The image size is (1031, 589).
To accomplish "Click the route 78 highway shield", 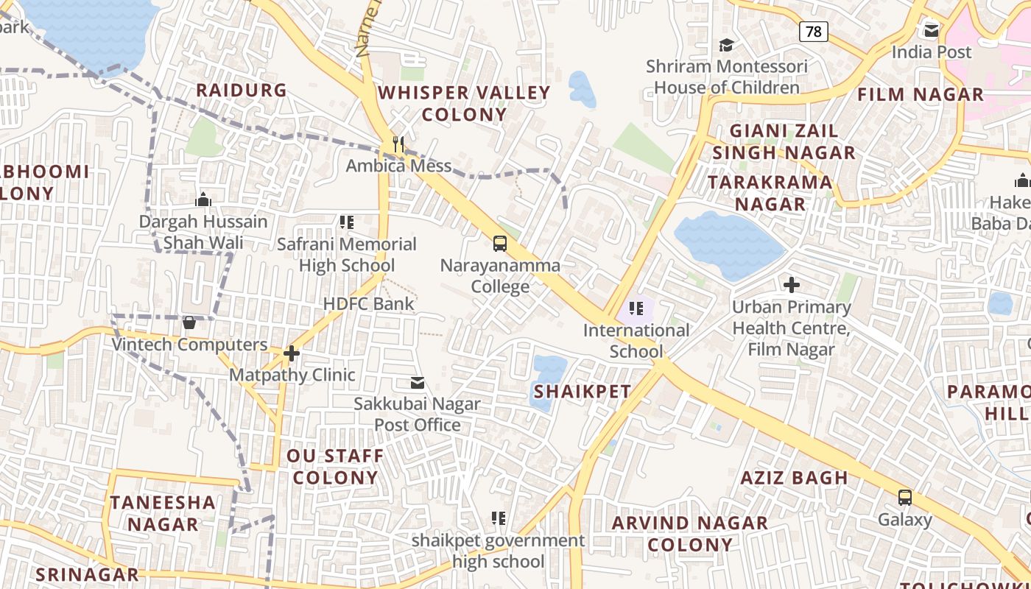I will (x=813, y=31).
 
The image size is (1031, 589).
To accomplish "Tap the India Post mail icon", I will (x=932, y=30).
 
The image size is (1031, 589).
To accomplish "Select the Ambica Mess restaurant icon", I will (x=398, y=144).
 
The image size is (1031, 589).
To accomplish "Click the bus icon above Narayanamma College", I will (x=500, y=244).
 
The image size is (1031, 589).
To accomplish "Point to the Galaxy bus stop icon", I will (x=905, y=498).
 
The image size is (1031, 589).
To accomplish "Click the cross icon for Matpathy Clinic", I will (x=292, y=354).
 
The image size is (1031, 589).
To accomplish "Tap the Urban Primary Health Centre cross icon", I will (x=792, y=285).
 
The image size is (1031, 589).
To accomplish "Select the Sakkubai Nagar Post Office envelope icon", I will (x=418, y=383).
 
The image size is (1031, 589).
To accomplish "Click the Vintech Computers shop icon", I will (x=189, y=322).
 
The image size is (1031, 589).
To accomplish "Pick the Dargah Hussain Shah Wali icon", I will (x=203, y=200).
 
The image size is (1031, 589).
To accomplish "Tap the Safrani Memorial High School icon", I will (x=347, y=222).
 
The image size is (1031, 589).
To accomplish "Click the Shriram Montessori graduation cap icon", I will (x=727, y=45).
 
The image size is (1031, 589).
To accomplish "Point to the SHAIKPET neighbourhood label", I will (x=583, y=392).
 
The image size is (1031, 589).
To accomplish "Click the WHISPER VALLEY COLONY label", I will (x=464, y=103).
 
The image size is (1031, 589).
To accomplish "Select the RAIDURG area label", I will (x=241, y=91).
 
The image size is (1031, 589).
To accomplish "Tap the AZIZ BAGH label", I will (x=794, y=478).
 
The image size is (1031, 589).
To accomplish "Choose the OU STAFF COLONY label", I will (x=335, y=467).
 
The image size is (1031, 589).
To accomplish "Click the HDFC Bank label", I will (x=368, y=303).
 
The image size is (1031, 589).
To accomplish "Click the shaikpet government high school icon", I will (x=499, y=519).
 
